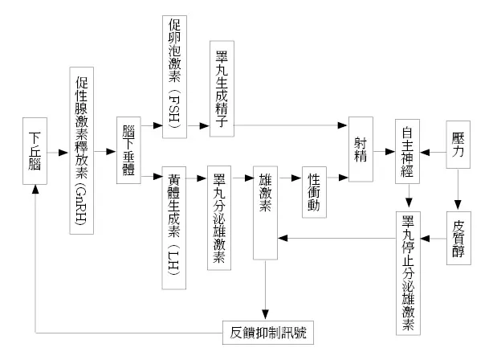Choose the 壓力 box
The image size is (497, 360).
coord(458,144)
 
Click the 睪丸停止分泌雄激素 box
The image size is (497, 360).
coord(409,274)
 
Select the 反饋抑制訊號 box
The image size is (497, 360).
coord(267,330)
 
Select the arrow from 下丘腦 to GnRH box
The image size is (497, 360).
coord(58,151)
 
